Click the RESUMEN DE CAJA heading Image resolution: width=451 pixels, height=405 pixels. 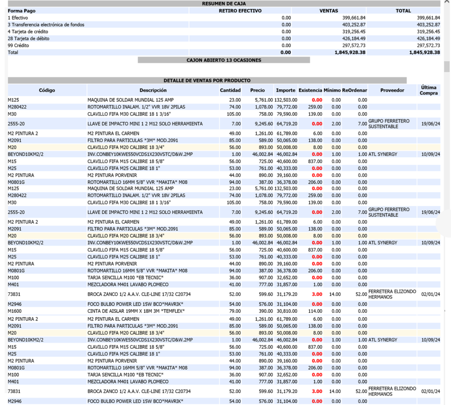pyautogui.click(x=224, y=4)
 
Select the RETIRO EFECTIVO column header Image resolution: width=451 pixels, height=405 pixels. pyautogui.click(x=240, y=11)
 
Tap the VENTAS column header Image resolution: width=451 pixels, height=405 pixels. pyautogui.click(x=329, y=11)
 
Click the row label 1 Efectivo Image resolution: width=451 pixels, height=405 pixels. pyautogui.click(x=18, y=18)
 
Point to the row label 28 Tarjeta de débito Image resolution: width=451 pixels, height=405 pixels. pyautogui.click(x=29, y=38)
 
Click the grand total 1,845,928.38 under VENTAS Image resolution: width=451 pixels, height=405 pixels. pyautogui.click(x=347, y=52)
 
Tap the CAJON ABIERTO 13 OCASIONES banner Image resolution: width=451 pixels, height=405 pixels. pyautogui.click(x=224, y=60)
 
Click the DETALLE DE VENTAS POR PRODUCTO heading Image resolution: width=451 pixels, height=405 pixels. pyautogui.click(x=207, y=80)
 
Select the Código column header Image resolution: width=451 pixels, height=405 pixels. pyautogui.click(x=47, y=90)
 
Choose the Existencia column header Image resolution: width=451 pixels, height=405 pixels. pyautogui.click(x=311, y=90)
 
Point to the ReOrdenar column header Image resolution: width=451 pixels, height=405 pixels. pyautogui.click(x=355, y=90)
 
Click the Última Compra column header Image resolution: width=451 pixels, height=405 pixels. pyautogui.click(x=429, y=90)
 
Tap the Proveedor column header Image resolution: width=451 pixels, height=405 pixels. pyautogui.click(x=392, y=90)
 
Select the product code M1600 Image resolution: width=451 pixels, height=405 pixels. pyautogui.click(x=15, y=311)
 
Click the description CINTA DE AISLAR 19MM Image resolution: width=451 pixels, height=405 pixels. pyautogui.click(x=135, y=311)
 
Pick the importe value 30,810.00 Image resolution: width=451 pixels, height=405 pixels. pyautogui.click(x=286, y=311)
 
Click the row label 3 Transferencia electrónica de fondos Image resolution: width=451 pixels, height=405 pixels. pyautogui.click(x=46, y=25)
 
